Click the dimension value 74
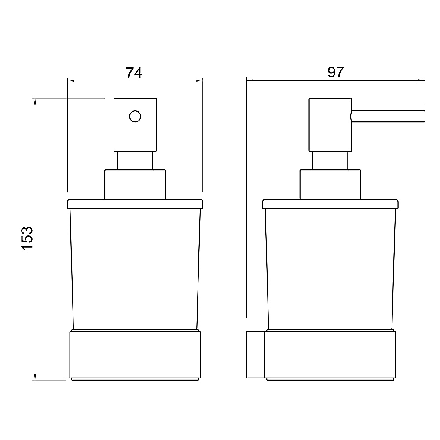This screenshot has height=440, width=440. (134, 73)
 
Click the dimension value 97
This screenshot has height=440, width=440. (335, 73)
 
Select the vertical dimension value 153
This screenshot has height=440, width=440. (27, 238)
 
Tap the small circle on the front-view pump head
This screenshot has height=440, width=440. (135, 117)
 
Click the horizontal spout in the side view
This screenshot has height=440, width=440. (388, 117)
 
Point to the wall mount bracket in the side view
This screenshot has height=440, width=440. (256, 355)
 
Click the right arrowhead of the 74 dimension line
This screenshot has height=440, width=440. (199, 81)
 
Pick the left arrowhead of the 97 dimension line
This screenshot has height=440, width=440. (250, 80)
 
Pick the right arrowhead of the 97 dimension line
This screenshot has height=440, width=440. (422, 80)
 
